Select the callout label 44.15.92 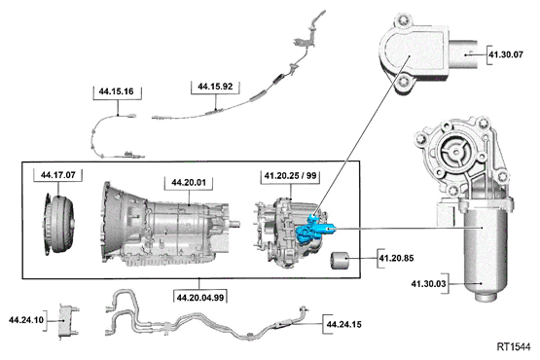[215, 87]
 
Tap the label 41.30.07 [505, 55]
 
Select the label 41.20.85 [397, 260]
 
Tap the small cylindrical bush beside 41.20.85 [342, 263]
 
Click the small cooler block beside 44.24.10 [65, 318]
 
